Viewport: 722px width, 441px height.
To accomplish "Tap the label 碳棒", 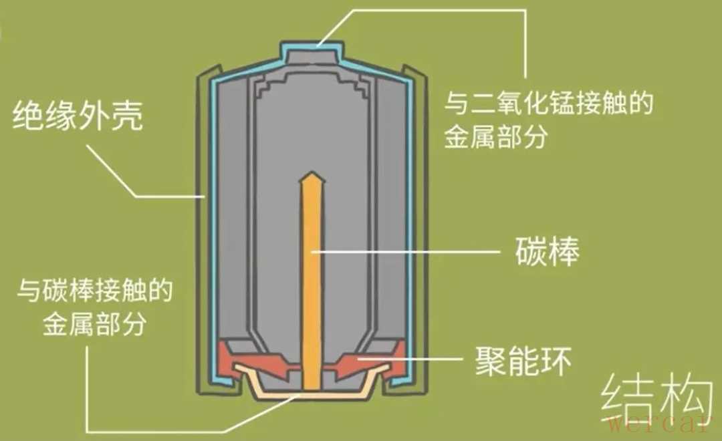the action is [x=547, y=251].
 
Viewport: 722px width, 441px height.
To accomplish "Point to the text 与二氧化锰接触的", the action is [x=548, y=103].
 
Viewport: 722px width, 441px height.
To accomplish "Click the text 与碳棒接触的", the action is [x=95, y=291].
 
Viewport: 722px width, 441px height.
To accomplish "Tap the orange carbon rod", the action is [x=312, y=281].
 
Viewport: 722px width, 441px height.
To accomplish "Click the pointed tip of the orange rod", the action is [x=312, y=172].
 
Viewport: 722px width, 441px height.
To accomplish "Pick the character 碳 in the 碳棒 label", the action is [x=530, y=251].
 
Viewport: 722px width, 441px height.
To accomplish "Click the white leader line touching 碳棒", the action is [x=406, y=251].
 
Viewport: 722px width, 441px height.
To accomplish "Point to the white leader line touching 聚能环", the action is [x=410, y=358].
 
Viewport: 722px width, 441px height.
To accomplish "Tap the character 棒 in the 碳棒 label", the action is [x=564, y=251].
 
